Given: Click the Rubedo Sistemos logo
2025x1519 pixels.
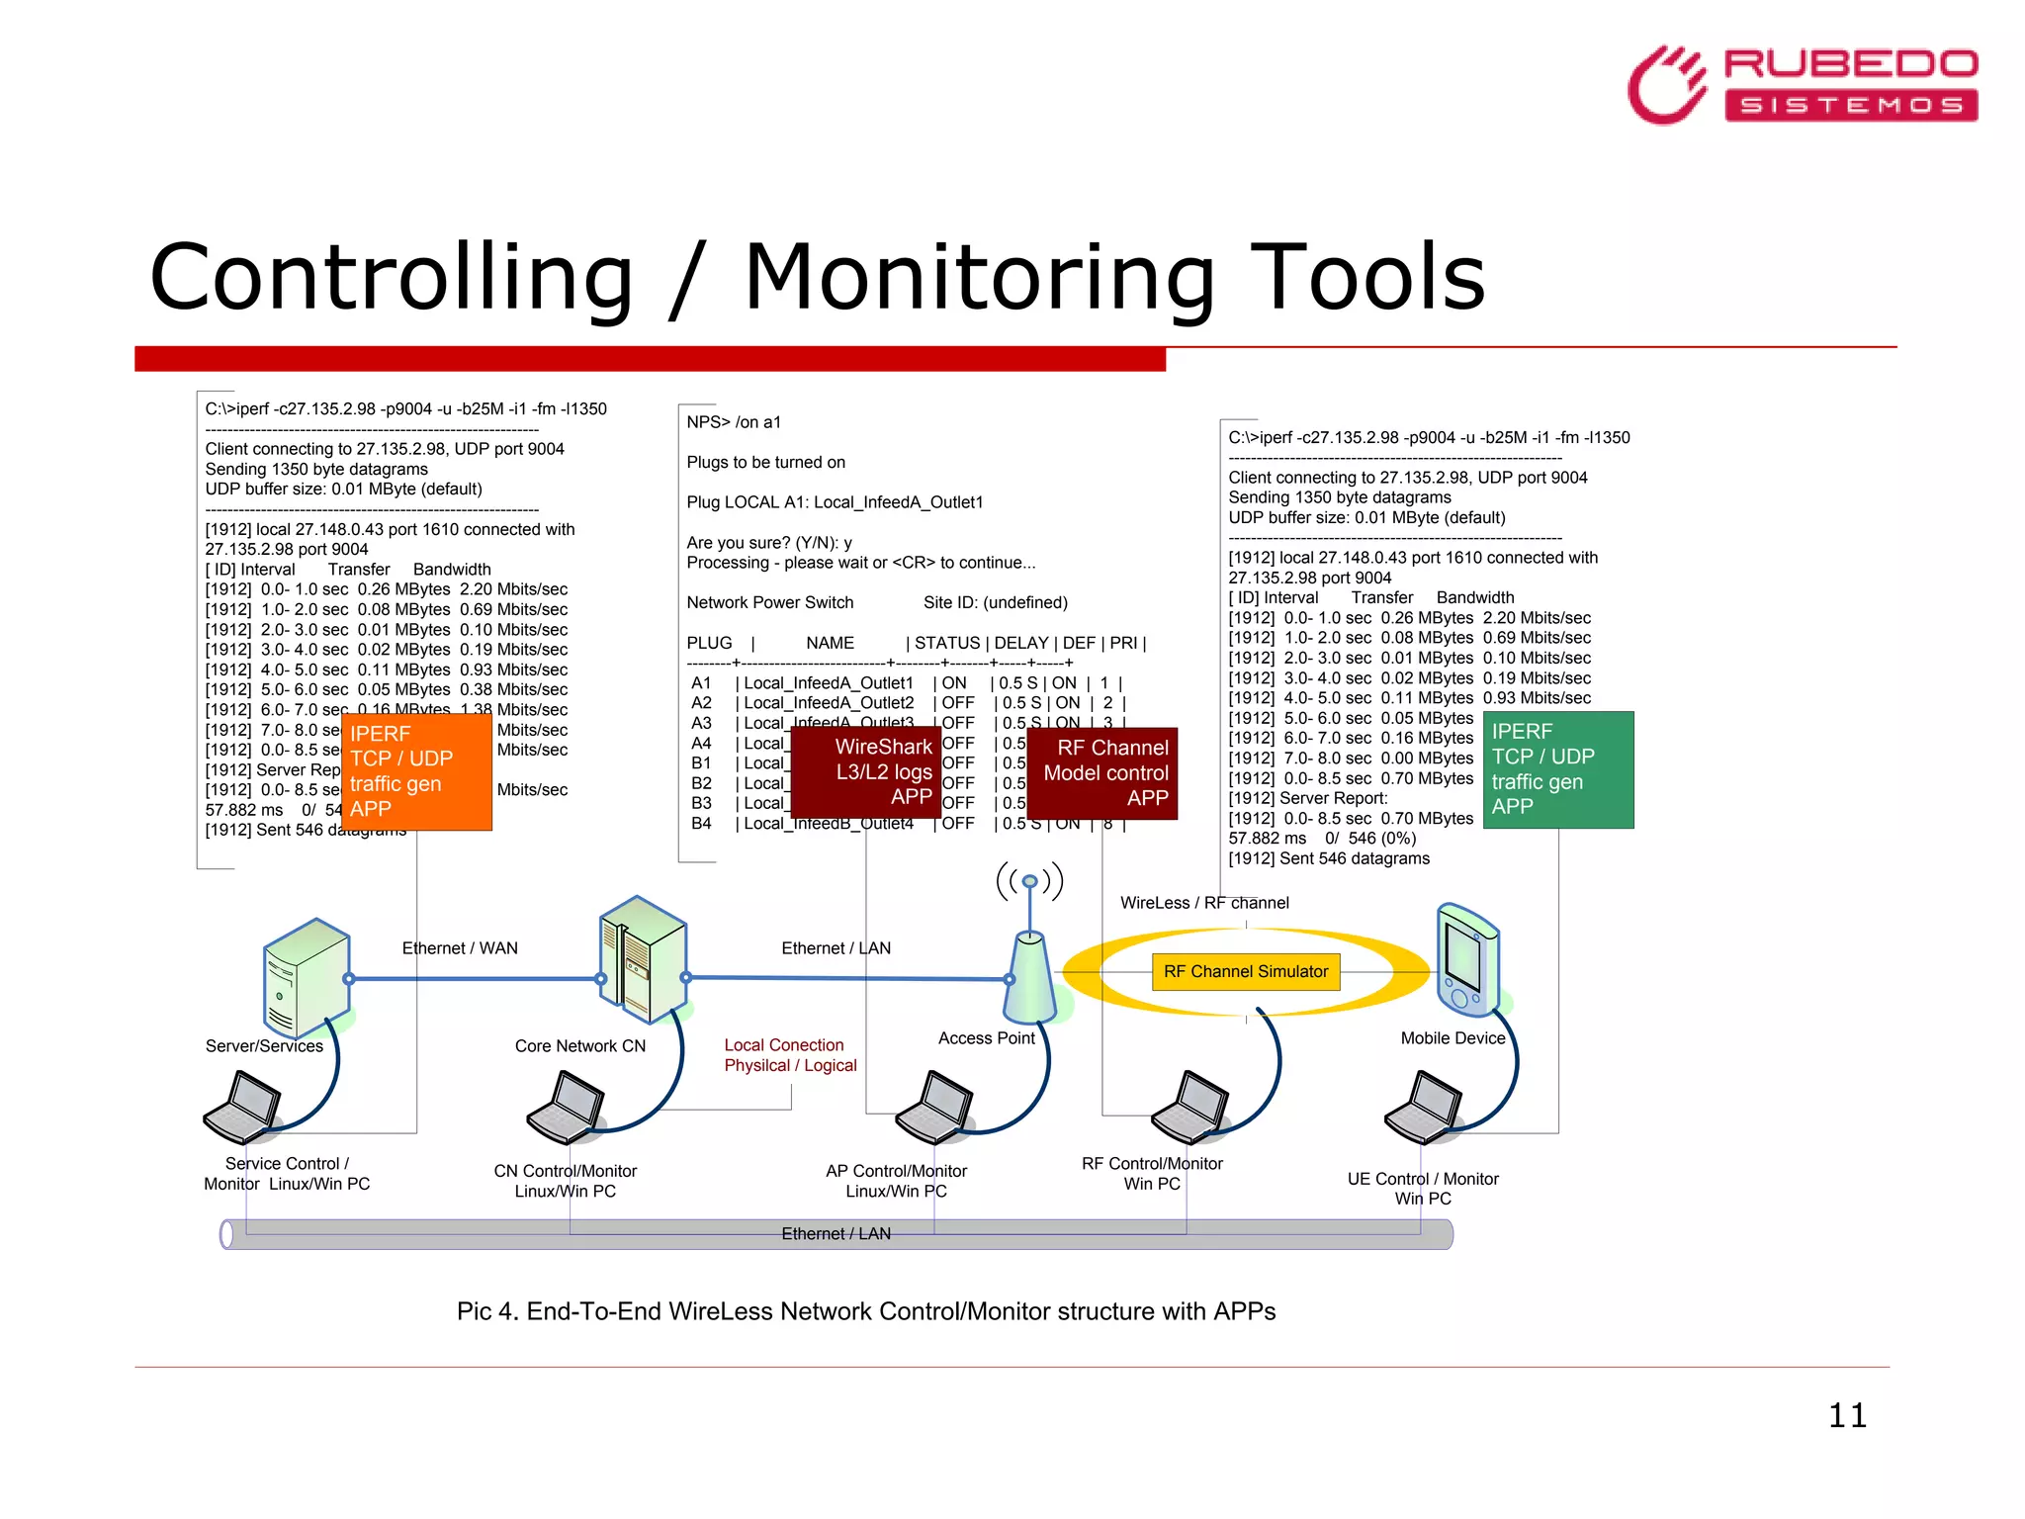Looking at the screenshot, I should pyautogui.click(x=1802, y=85).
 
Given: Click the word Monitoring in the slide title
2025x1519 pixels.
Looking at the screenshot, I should pyautogui.click(x=979, y=279).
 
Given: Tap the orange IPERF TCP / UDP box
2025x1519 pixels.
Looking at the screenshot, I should pyautogui.click(x=416, y=771).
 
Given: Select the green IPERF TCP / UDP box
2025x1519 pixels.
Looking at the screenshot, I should pyautogui.click(x=1557, y=769).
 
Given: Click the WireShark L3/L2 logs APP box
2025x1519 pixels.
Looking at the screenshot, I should pyautogui.click(x=865, y=771).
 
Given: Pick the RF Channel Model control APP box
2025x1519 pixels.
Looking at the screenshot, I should pyautogui.click(x=1102, y=772).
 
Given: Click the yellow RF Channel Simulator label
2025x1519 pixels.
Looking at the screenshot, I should pyautogui.click(x=1245, y=971).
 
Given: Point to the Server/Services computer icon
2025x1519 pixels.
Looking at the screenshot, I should pyautogui.click(x=307, y=977).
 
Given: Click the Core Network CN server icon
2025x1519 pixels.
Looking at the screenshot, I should pyautogui.click(x=643, y=959).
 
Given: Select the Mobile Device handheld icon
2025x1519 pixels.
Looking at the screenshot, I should pyautogui.click(x=1467, y=959).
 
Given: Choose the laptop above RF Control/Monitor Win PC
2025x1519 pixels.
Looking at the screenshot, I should pyautogui.click(x=1190, y=1107).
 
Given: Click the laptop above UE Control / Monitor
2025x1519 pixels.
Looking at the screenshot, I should pyautogui.click(x=1424, y=1107).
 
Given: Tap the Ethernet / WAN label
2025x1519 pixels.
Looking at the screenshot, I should pyautogui.click(x=460, y=948).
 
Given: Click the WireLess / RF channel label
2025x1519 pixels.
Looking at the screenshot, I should pyautogui.click(x=1203, y=903).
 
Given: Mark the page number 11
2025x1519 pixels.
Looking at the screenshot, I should pyautogui.click(x=1846, y=1415).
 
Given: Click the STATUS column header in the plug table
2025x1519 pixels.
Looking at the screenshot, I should pyautogui.click(x=946, y=643).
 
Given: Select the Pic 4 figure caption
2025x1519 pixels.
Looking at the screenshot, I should pyautogui.click(x=865, y=1311).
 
